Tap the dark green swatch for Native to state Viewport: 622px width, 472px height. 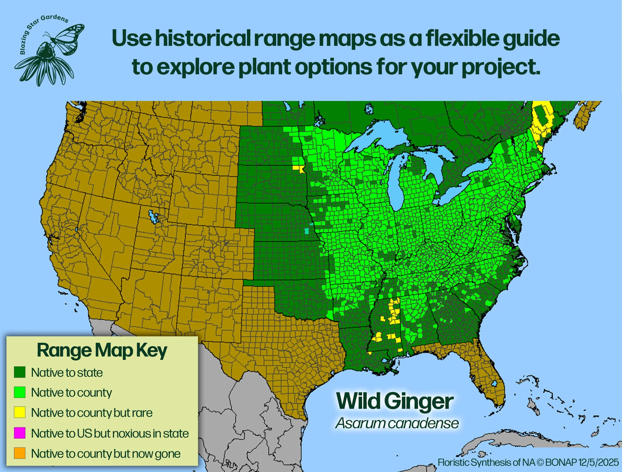tap(20, 372)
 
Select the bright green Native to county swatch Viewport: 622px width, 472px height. tap(20, 392)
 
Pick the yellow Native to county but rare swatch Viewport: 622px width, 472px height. tap(20, 412)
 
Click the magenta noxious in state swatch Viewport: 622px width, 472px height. tap(20, 433)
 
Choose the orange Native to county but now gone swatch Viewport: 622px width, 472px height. tap(20, 453)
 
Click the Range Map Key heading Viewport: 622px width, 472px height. tap(102, 351)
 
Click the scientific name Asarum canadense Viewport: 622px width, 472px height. tap(397, 423)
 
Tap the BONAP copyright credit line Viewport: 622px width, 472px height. tap(528, 462)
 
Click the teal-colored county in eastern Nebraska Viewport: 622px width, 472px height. tap(307, 231)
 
